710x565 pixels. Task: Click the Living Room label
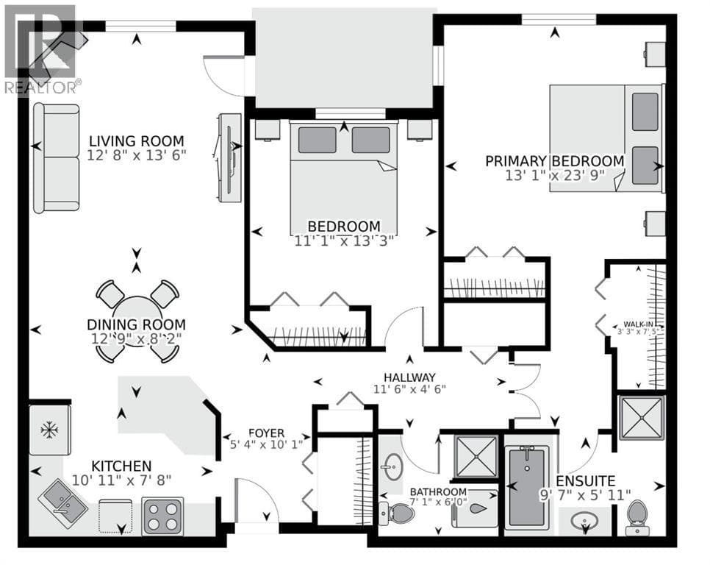136,141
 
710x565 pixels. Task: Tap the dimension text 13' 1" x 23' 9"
555,175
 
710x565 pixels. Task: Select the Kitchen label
121,466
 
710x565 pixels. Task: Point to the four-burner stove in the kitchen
162,516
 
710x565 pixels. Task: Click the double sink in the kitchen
63,502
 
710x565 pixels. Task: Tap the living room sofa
57,158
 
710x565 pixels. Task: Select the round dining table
137,321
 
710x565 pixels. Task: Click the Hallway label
410,377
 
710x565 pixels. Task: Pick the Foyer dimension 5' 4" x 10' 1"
266,444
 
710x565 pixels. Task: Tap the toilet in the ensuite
637,517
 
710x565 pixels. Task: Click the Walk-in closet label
639,324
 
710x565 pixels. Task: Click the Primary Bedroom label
555,161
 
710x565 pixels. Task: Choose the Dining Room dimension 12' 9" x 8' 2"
136,338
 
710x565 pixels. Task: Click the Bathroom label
438,491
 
